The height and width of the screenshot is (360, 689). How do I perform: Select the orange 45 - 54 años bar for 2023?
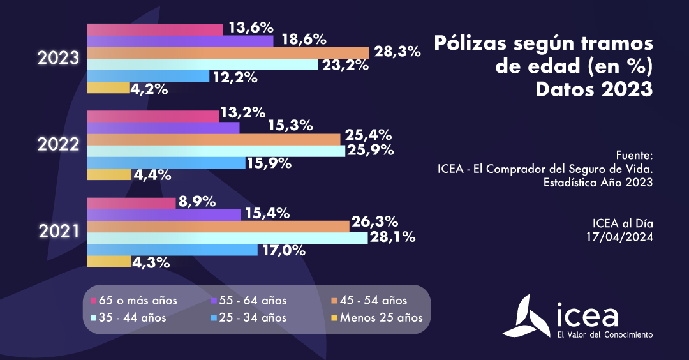click(x=228, y=52)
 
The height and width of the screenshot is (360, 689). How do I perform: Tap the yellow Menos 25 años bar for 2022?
click(x=108, y=174)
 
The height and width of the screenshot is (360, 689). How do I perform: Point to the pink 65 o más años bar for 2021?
click(x=131, y=203)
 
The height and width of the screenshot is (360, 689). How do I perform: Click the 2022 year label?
click(x=58, y=145)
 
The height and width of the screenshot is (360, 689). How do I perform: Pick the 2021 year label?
click(x=58, y=232)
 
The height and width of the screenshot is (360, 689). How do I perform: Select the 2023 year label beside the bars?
click(x=58, y=58)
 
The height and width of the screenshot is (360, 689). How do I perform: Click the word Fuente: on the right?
click(x=635, y=155)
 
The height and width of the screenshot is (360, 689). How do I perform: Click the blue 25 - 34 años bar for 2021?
click(x=172, y=250)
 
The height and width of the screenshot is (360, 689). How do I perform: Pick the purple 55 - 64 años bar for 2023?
click(x=181, y=41)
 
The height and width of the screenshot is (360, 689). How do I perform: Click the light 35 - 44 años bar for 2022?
click(x=216, y=151)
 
